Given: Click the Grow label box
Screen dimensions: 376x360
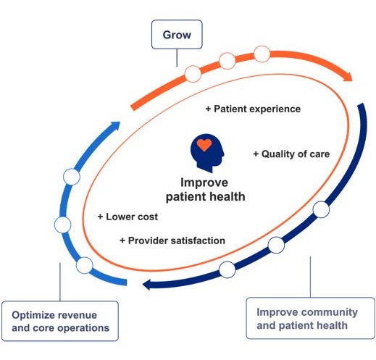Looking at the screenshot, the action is [x=177, y=34].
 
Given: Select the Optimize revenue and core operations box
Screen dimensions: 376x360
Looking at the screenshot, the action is [x=60, y=321].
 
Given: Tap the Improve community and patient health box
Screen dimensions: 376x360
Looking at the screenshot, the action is [x=311, y=318].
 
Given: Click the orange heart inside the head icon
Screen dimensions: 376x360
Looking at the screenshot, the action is [x=204, y=145].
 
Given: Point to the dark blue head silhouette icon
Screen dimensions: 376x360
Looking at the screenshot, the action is [x=207, y=153].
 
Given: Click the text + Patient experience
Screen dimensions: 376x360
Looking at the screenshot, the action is [x=253, y=109].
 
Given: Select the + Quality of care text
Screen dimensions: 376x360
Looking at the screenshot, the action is [x=291, y=154].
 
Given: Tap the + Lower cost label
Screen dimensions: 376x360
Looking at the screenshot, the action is [x=128, y=217].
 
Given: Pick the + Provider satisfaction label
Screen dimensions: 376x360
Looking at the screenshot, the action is [x=172, y=240].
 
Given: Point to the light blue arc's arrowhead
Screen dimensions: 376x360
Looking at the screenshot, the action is [x=115, y=125].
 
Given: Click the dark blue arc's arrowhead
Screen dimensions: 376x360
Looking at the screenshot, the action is [x=147, y=285].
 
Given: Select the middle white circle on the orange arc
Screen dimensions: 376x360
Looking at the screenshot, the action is [x=227, y=61].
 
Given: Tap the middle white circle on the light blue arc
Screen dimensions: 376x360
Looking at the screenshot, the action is [x=63, y=225].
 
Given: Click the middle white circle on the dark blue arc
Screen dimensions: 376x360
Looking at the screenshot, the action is [x=276, y=245].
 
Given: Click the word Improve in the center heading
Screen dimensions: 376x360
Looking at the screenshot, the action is [x=204, y=183].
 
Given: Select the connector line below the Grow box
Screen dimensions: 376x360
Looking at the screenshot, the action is [x=177, y=57].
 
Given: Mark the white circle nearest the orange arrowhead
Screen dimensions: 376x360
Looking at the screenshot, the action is [x=262, y=54].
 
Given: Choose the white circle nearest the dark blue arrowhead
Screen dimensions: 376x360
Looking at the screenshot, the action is [x=227, y=269].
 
